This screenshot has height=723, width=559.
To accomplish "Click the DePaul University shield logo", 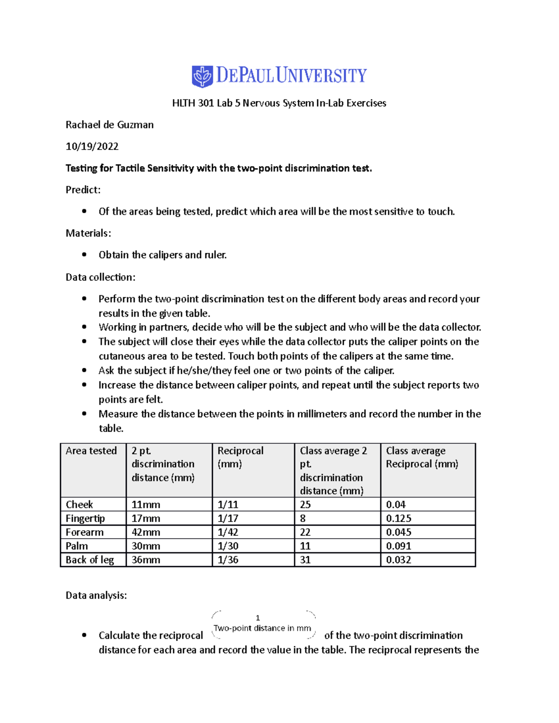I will point(202,76).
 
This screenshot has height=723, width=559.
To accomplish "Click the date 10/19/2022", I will point(92,146).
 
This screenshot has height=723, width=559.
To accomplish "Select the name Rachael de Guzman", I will point(109,125).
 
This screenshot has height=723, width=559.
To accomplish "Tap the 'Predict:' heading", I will point(83,190).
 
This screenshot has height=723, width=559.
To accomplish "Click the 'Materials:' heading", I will point(88,233).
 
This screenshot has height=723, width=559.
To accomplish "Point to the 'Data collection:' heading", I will point(100,277).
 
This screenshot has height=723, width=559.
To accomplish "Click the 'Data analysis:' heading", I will point(96,595).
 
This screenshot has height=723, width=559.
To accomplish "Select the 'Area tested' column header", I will point(91,451).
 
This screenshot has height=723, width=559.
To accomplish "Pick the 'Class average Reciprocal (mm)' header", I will point(422,457).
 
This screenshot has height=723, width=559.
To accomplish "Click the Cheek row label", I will point(79,504).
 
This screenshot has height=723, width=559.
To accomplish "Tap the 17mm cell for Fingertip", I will point(146,518).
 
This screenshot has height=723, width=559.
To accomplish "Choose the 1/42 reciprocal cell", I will point(228,532).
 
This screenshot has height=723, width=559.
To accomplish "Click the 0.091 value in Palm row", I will point(398,546).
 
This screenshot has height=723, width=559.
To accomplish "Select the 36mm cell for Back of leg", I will point(146,560).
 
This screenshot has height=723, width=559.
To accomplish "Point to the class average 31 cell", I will point(305,560).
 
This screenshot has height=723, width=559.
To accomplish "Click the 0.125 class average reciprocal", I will point(398,518).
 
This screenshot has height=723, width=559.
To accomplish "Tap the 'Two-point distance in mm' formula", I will point(262,628).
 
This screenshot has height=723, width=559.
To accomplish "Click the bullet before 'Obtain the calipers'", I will point(84,255).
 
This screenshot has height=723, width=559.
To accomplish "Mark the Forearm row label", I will point(85,532).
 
